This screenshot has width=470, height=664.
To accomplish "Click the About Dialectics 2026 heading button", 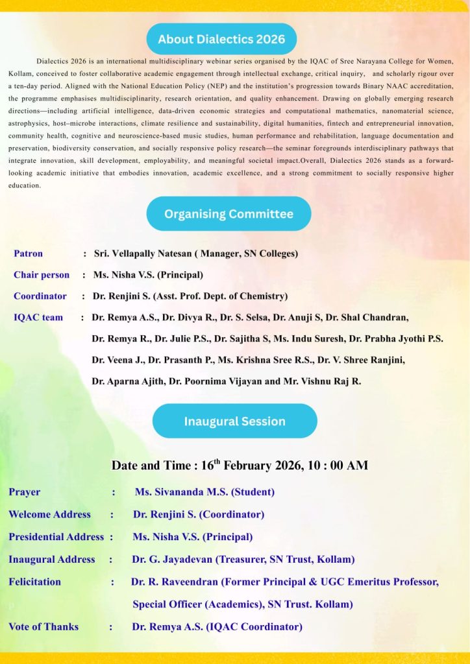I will coord(221,39).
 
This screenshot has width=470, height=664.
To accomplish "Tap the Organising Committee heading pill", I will coord(229,213).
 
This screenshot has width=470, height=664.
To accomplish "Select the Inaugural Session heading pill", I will coord(234,421).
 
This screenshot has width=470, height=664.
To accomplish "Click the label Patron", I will coord(29,254).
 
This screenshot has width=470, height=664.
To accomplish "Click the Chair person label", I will coord(42,275).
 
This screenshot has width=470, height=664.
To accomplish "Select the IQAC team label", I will coord(38,318).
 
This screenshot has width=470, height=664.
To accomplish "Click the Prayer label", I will coord(24,492).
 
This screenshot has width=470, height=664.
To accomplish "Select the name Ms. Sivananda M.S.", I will coord(181,492).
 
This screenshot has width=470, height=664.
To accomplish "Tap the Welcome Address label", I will coord(49,514).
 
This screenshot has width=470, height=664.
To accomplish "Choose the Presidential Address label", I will coord(56,537).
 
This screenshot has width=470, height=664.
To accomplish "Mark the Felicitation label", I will coord(34,582).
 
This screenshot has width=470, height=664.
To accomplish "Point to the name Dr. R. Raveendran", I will coord(174,582).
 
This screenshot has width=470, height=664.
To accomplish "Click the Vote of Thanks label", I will coord(43,626).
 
